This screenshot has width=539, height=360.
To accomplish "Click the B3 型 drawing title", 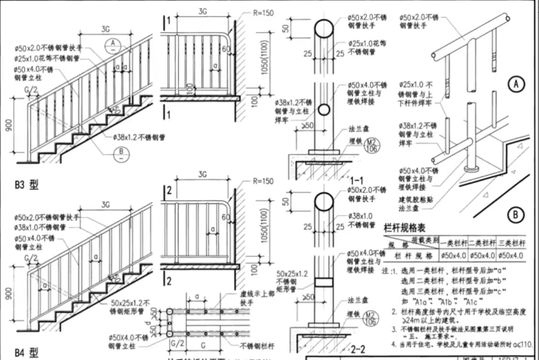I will (26, 185).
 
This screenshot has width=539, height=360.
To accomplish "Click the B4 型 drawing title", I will (26, 353).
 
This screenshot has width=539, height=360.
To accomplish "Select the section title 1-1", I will (358, 181).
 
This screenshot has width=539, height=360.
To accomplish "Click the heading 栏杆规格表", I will (405, 228).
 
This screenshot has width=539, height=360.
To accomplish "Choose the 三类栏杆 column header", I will (511, 243).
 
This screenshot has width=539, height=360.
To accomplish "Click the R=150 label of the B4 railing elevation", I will (263, 182).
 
